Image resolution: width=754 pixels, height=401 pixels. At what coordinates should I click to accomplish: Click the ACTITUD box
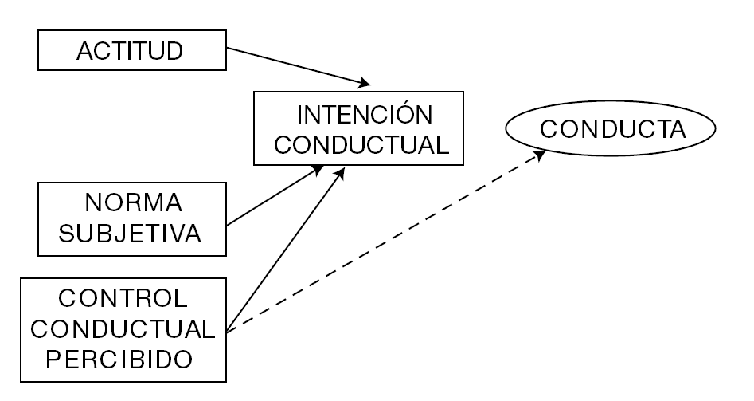click(x=131, y=52)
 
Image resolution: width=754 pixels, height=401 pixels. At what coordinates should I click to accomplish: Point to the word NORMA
click(x=133, y=204)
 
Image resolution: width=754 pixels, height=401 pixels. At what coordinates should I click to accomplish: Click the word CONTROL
click(x=123, y=298)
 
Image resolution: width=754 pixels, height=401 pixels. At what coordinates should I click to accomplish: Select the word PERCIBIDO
click(x=119, y=359)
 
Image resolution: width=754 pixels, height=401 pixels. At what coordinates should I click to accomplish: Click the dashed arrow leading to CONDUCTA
click(x=382, y=242)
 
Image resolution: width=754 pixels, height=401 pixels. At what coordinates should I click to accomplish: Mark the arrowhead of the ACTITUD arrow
click(x=365, y=83)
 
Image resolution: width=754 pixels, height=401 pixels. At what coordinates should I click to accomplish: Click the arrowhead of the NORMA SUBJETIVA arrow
click(x=318, y=169)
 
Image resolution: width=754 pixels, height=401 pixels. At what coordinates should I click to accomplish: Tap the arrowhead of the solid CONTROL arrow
click(x=340, y=171)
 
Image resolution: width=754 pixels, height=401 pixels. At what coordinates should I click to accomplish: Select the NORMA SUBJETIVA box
click(x=133, y=219)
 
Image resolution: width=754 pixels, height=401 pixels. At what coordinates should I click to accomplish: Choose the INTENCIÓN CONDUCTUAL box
click(x=358, y=130)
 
